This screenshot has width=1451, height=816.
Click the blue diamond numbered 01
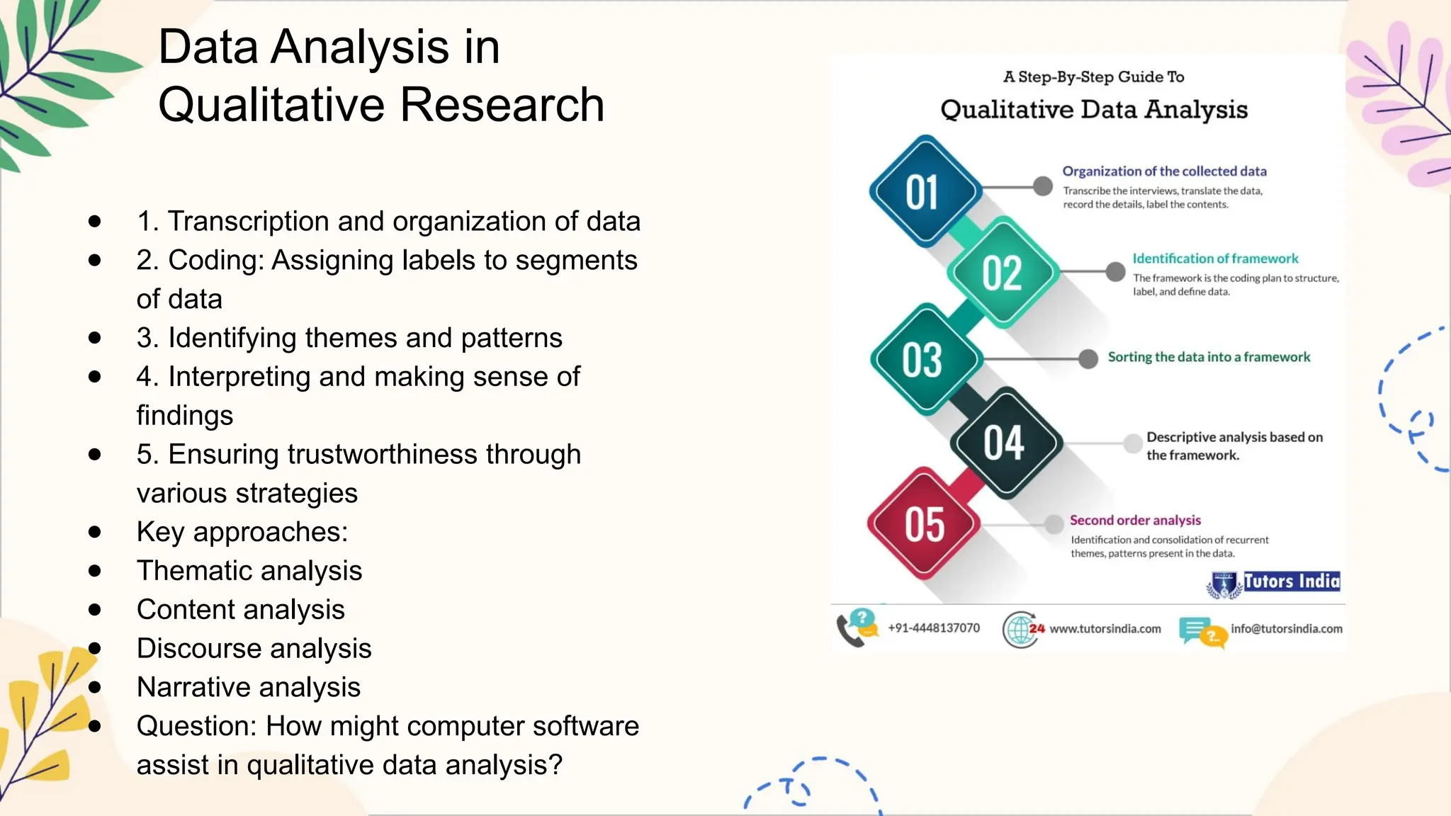tap(923, 192)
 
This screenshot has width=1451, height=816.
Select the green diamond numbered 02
tap(1003, 273)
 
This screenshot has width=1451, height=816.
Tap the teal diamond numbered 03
tap(923, 360)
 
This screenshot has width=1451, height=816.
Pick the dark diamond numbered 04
tap(1005, 443)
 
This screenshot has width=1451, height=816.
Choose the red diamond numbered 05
tap(924, 524)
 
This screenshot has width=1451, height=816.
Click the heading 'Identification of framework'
tap(1214, 259)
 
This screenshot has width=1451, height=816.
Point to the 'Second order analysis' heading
tap(1135, 520)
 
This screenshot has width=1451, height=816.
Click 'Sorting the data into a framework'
tap(1209, 357)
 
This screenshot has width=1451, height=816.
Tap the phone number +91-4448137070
tap(934, 628)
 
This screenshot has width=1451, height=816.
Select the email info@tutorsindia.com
tap(1286, 628)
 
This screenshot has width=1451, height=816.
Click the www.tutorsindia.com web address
tap(1105, 628)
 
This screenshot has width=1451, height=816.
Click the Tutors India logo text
tap(1291, 582)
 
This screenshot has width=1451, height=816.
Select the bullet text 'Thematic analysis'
tap(249, 571)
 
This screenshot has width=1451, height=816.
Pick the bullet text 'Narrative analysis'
tap(249, 687)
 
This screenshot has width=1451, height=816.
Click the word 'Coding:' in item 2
tap(216, 260)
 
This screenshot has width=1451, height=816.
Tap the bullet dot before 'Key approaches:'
tap(95, 532)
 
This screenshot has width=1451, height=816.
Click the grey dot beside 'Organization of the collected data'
tap(1042, 186)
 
